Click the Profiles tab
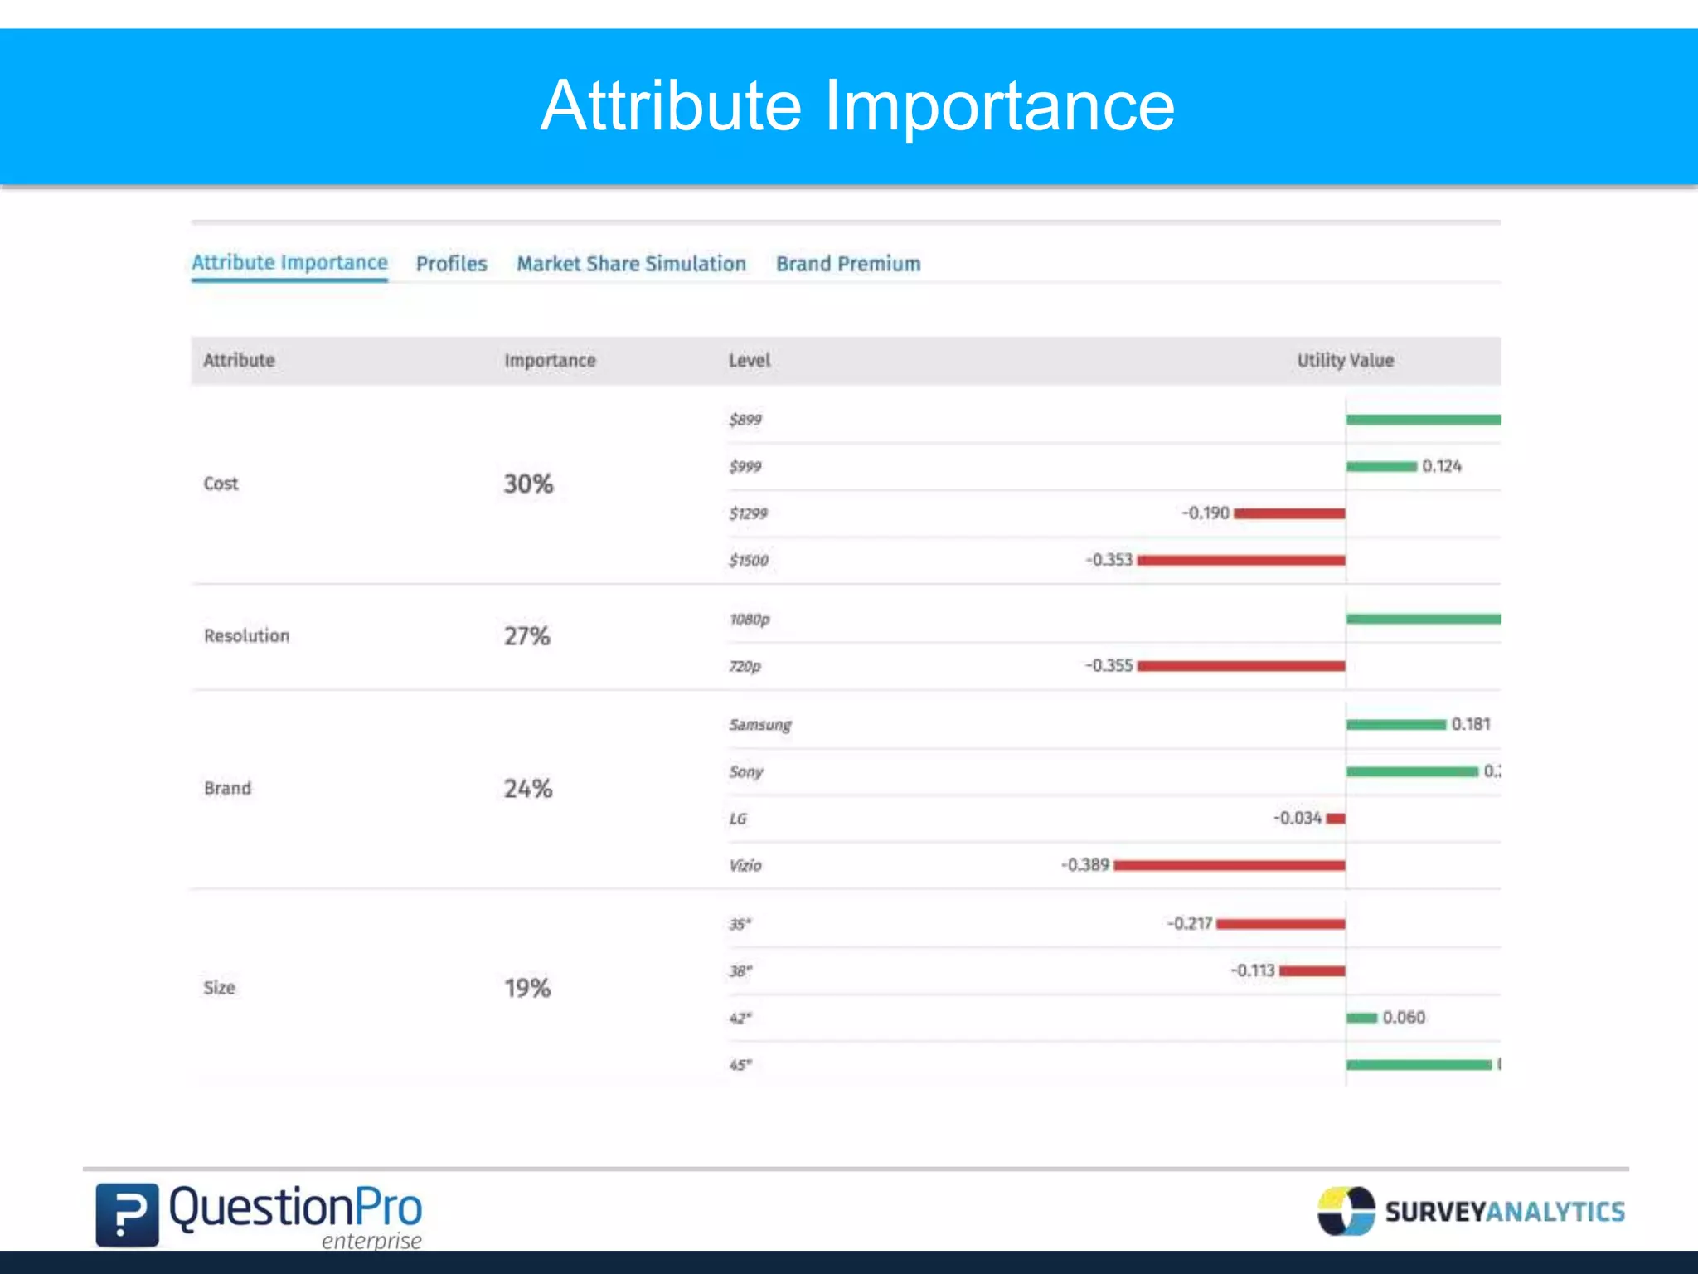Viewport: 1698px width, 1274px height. [x=451, y=264]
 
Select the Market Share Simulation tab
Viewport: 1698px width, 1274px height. [x=631, y=264]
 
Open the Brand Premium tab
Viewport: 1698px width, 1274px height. [x=848, y=264]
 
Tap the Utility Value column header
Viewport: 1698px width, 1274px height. [x=1345, y=361]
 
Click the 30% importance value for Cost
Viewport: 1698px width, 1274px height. [x=528, y=484]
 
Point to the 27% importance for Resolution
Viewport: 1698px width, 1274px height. [x=527, y=636]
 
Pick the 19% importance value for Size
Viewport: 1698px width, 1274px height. [x=527, y=988]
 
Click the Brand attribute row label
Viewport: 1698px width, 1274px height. [x=227, y=788]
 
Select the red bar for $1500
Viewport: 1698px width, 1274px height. [x=1241, y=561]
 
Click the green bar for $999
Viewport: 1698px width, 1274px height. [x=1381, y=467]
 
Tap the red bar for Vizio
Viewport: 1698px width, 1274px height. [x=1229, y=866]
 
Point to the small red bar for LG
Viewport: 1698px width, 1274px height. [x=1335, y=819]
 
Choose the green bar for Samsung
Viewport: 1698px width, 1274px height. [x=1396, y=725]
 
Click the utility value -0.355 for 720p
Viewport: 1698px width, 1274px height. [x=1109, y=666]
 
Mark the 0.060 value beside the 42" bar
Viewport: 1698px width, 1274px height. [x=1404, y=1018]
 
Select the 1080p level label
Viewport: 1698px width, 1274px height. [x=750, y=620]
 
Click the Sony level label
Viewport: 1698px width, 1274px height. [x=746, y=772]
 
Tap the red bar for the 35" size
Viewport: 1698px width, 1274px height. [x=1280, y=924]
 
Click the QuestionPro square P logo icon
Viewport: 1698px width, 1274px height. [x=127, y=1214]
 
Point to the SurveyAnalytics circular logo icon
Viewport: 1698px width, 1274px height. [x=1346, y=1211]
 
